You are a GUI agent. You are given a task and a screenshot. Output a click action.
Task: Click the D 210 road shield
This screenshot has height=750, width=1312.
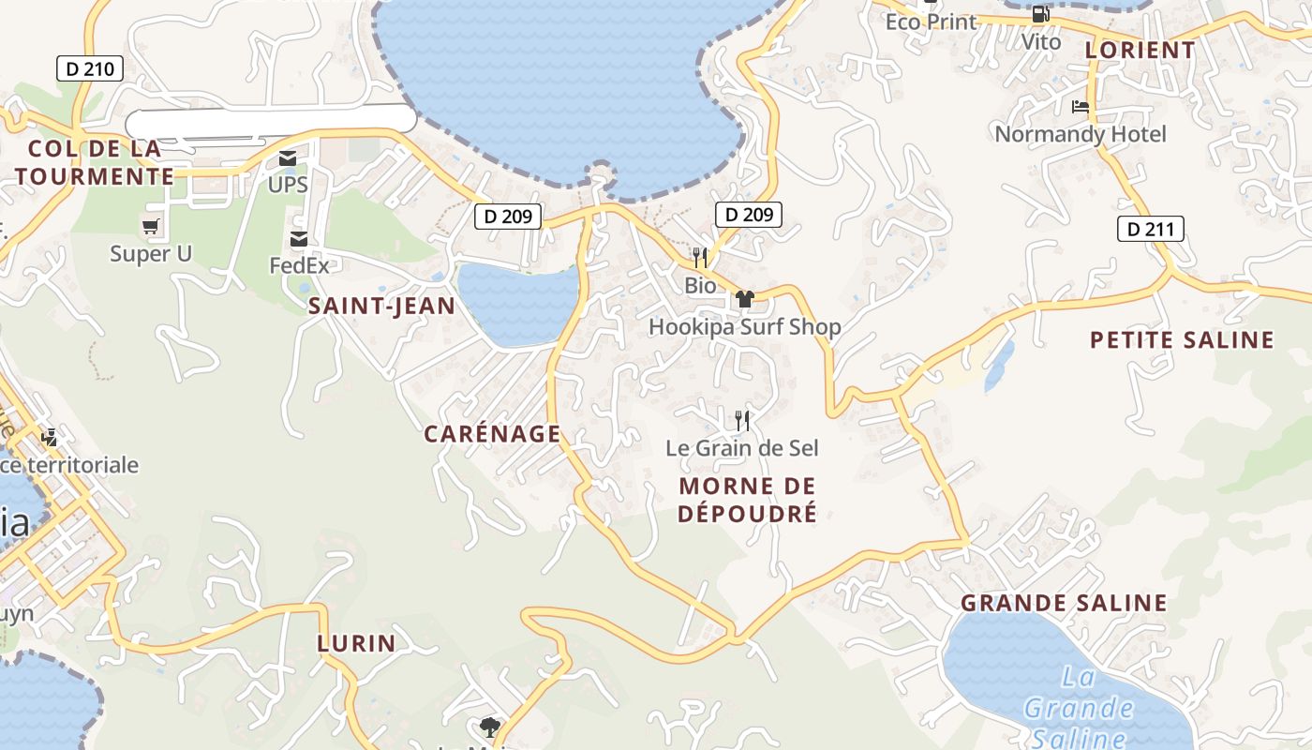(90, 68)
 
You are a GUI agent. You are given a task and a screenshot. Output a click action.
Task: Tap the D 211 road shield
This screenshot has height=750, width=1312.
(1151, 229)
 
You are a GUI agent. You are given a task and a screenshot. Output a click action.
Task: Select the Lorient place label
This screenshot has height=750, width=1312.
(1141, 51)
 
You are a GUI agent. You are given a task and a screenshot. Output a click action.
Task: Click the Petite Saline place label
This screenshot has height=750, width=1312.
(1182, 339)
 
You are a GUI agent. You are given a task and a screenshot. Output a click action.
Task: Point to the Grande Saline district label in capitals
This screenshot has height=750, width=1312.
(1064, 603)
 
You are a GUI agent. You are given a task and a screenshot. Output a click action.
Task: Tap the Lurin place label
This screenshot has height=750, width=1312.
(356, 644)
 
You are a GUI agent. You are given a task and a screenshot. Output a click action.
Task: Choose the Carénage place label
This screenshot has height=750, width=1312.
(492, 434)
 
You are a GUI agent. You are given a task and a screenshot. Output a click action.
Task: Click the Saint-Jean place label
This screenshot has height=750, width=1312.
(381, 306)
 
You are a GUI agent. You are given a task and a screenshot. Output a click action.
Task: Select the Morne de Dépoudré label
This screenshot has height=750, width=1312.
(748, 500)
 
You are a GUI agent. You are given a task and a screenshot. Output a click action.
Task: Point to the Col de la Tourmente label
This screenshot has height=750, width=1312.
(95, 162)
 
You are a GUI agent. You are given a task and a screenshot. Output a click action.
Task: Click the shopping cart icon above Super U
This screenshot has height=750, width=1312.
(150, 226)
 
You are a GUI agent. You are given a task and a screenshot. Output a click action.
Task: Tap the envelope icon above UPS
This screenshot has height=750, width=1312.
(288, 158)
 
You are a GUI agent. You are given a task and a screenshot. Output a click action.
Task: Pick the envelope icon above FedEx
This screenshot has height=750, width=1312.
(299, 239)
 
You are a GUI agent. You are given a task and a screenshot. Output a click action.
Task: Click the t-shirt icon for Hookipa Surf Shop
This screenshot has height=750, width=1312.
(745, 299)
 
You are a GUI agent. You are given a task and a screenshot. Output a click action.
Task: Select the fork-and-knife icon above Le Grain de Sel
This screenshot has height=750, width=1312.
(742, 420)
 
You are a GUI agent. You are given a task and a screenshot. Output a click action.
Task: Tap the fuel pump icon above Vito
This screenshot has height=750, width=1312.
(1040, 15)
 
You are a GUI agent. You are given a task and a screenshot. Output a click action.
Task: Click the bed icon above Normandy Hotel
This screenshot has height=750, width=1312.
(1081, 107)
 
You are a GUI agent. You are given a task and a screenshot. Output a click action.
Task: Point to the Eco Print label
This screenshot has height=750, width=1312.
(931, 22)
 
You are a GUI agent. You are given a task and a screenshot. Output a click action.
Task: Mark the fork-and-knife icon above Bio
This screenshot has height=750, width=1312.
(700, 258)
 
